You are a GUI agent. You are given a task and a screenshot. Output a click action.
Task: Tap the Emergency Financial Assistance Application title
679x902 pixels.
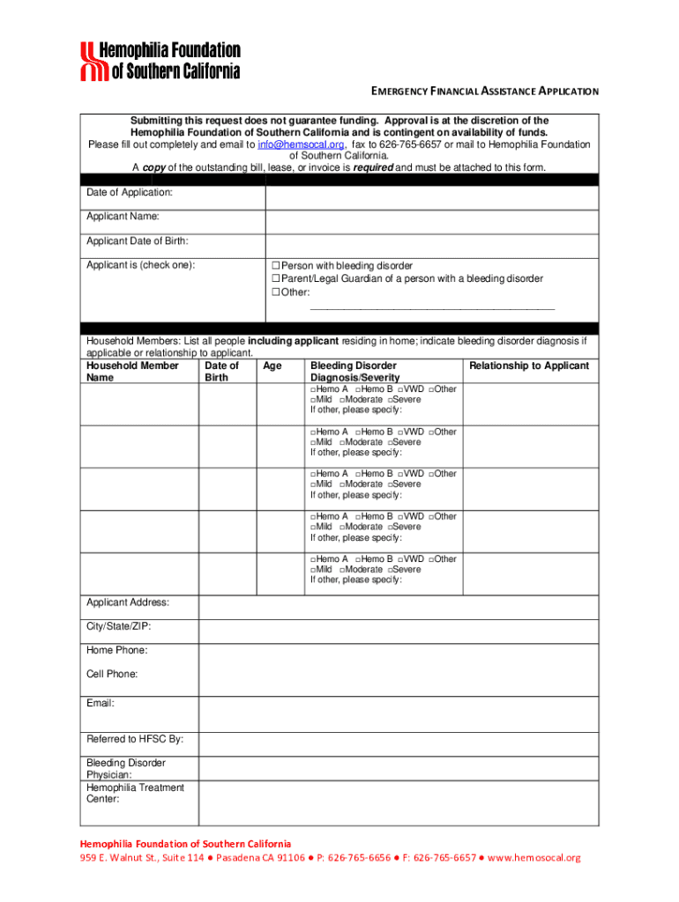click(x=483, y=92)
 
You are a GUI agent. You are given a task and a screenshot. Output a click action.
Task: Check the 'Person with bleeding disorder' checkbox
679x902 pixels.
click(x=275, y=265)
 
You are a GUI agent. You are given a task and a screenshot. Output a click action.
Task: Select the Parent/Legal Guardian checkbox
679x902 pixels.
click(x=275, y=278)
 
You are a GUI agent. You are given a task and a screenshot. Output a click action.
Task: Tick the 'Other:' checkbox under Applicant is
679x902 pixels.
click(x=275, y=292)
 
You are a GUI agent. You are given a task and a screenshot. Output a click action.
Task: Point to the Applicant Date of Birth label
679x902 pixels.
click(x=137, y=241)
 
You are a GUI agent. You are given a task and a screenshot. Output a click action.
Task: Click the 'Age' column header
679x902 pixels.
click(x=272, y=366)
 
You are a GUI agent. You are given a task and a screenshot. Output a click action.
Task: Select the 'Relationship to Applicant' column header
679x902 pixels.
click(x=529, y=366)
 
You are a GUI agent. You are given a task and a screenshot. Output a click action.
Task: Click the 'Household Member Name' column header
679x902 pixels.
click(x=131, y=371)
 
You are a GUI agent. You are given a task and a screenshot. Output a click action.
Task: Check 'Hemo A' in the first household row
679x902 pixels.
click(x=313, y=389)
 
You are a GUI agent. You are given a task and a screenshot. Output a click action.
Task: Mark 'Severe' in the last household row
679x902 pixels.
click(x=391, y=570)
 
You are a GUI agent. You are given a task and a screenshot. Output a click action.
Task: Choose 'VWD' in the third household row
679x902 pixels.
click(x=400, y=474)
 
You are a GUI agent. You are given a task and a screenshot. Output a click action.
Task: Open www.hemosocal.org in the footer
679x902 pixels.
click(x=533, y=858)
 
